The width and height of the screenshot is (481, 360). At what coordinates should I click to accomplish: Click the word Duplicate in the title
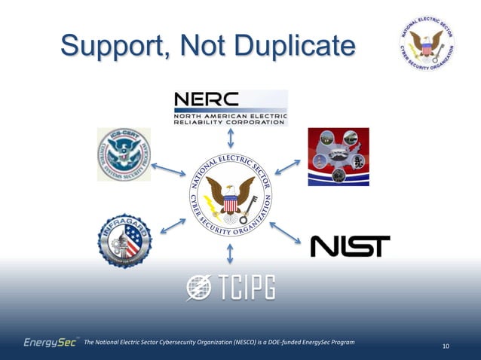point(291,45)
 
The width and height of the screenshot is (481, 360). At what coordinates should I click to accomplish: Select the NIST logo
point(351,246)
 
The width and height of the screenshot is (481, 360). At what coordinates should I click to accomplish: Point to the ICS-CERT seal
point(124,154)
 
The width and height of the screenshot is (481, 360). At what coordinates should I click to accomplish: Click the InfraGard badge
point(124,240)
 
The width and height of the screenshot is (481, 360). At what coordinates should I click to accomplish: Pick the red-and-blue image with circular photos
point(339,156)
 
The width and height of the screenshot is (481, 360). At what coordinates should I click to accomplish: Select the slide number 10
point(446,346)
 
